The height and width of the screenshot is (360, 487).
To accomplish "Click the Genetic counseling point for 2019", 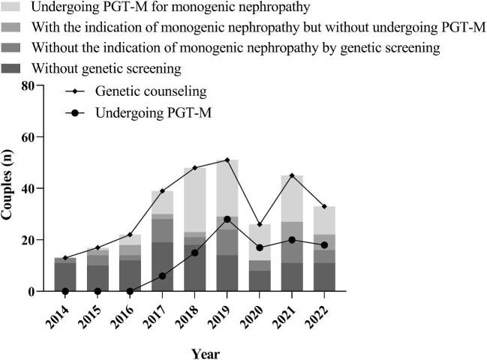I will tap(227, 160).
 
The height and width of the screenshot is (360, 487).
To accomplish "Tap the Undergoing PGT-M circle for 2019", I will tap(227, 219).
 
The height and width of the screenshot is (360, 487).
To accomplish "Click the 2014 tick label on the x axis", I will tap(60, 313).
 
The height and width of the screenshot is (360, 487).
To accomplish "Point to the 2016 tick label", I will tap(125, 313).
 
